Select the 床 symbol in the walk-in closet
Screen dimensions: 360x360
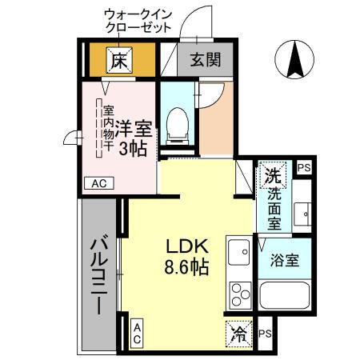tap(120, 59)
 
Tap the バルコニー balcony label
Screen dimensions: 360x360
tap(99, 276)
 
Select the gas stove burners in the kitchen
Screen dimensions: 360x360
tap(238, 295)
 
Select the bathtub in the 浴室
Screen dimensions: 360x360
tap(283, 301)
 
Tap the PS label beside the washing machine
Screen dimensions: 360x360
tap(303, 168)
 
